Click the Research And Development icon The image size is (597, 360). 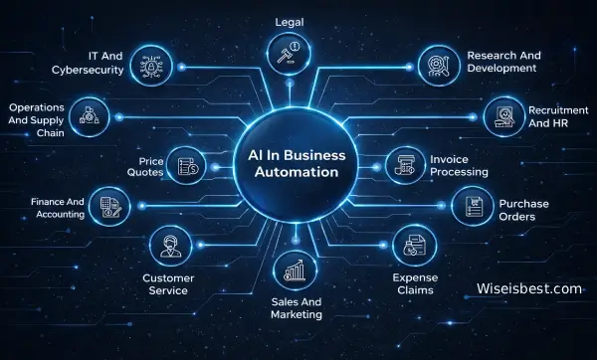(x=437, y=62)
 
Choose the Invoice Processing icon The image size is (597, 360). (x=404, y=164)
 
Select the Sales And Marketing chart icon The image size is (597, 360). (x=294, y=270)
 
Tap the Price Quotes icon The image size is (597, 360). (x=188, y=164)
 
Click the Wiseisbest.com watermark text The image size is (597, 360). (x=527, y=289)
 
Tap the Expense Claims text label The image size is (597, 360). (x=415, y=283)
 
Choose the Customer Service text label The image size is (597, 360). (x=167, y=283)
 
